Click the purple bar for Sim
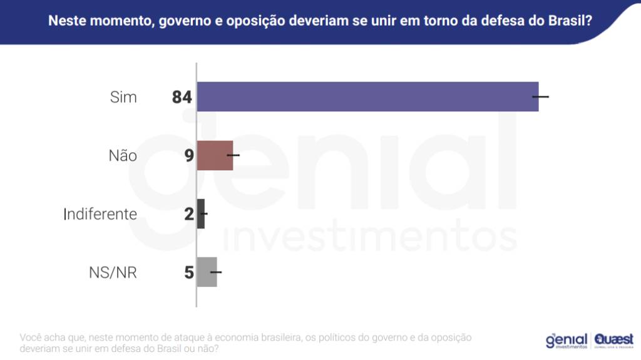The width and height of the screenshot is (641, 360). pyautogui.click(x=367, y=96)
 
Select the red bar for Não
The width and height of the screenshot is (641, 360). pyautogui.click(x=215, y=155)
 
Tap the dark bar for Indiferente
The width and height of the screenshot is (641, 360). pyautogui.click(x=201, y=213)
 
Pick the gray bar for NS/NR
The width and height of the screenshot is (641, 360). pyautogui.click(x=207, y=272)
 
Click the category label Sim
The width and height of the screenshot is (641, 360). pyautogui.click(x=123, y=97)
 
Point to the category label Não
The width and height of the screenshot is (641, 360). pyautogui.click(x=123, y=155)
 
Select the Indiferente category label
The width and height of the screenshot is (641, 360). pyautogui.click(x=100, y=214)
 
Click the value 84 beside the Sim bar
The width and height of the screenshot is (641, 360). pyautogui.click(x=182, y=97)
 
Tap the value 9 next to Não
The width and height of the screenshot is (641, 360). pyautogui.click(x=189, y=155)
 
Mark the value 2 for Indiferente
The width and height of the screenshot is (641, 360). pyautogui.click(x=189, y=214)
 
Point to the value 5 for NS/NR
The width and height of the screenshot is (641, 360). pyautogui.click(x=189, y=273)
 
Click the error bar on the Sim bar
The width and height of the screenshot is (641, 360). pyautogui.click(x=540, y=96)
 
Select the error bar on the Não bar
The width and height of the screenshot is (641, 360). pyautogui.click(x=233, y=155)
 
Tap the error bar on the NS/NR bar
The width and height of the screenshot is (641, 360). pyautogui.click(x=216, y=272)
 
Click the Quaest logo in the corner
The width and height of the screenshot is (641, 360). pyautogui.click(x=614, y=340)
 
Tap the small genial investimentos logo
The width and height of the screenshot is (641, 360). pyautogui.click(x=567, y=340)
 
